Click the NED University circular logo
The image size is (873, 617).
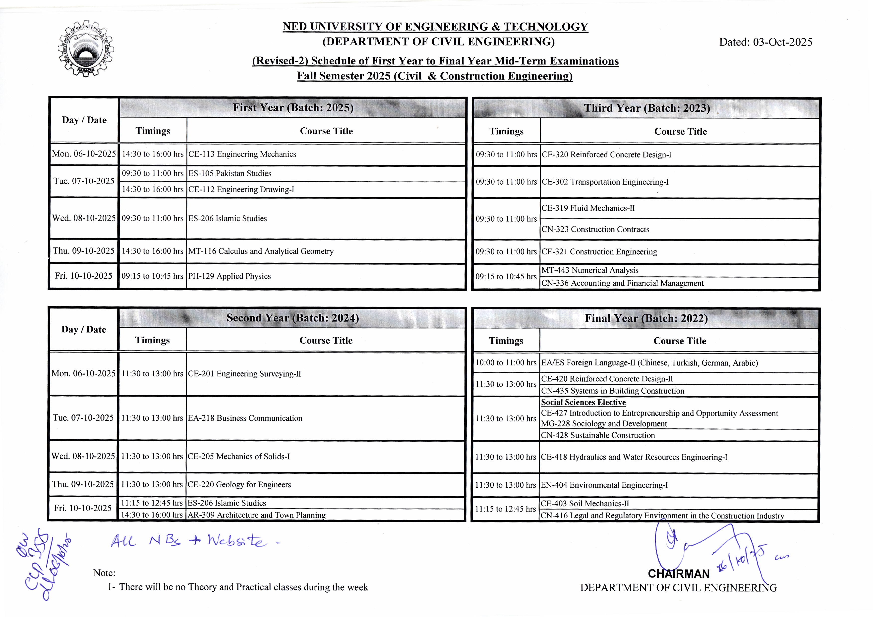point(86,48)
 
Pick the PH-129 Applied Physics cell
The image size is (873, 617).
point(229,276)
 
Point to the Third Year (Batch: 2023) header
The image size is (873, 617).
point(646,108)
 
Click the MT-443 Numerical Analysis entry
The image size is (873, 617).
point(590,270)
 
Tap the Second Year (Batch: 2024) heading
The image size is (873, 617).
point(292,318)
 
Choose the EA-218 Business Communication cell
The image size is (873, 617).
point(245,418)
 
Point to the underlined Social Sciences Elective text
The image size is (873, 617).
point(583,402)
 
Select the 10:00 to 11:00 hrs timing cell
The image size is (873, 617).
point(506,363)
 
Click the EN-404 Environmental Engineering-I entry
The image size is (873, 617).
point(604,485)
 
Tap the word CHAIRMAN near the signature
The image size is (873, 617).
point(679,574)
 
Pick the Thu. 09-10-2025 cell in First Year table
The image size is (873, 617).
point(84,251)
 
